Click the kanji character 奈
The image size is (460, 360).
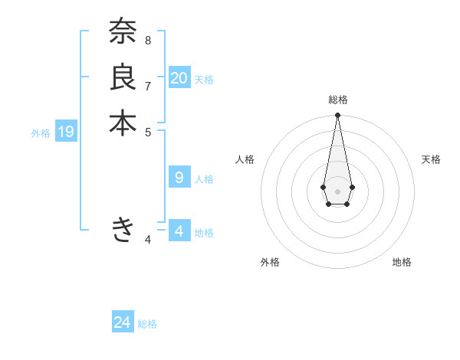tap(122, 33)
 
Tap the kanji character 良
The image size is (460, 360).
tap(122, 77)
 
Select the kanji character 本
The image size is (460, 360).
tap(122, 123)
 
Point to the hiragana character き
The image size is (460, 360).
tap(123, 229)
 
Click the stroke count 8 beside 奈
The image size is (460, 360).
tap(148, 40)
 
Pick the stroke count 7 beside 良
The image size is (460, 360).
tap(148, 85)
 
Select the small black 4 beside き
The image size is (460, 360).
tap(148, 240)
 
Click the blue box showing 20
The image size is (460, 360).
tap(179, 77)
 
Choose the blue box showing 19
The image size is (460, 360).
tap(66, 132)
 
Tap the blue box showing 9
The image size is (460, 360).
tap(179, 178)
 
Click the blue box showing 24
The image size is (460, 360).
tap(123, 322)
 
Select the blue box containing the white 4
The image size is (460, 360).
tap(179, 231)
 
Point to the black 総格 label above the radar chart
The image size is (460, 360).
tap(338, 100)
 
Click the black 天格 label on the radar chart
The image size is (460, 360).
tap(431, 159)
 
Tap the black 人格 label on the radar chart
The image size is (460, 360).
tap(245, 159)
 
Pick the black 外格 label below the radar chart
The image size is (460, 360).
tap(270, 262)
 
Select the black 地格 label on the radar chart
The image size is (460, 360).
tap(402, 262)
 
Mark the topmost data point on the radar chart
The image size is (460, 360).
tap(338, 116)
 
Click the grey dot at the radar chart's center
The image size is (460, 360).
tap(338, 191)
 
